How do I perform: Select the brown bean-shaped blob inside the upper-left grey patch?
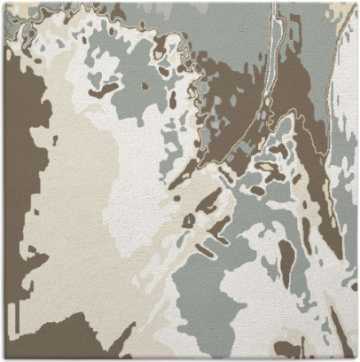coord(104,89)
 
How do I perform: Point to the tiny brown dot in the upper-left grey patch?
coord(145,86)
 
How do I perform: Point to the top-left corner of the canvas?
coord(3,3)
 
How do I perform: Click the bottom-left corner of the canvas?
coord(3,358)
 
